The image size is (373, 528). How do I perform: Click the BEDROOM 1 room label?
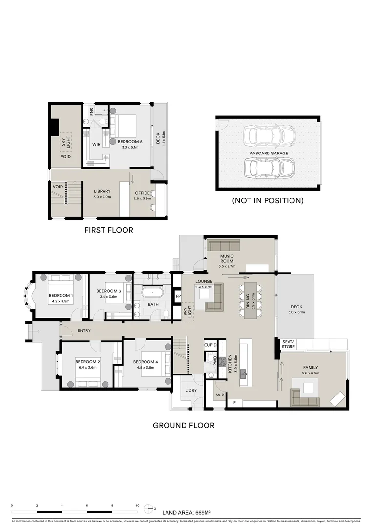61,295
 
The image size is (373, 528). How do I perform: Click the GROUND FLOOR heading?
184,425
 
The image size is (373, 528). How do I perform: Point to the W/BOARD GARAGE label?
268,153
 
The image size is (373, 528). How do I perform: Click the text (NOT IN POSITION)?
268,200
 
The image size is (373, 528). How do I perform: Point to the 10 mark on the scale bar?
137,506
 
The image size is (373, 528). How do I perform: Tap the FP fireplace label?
178,296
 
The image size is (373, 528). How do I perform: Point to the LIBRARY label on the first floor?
103,191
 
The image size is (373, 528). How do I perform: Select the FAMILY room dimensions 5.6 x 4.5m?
311,374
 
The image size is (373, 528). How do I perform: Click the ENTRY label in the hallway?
84,331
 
